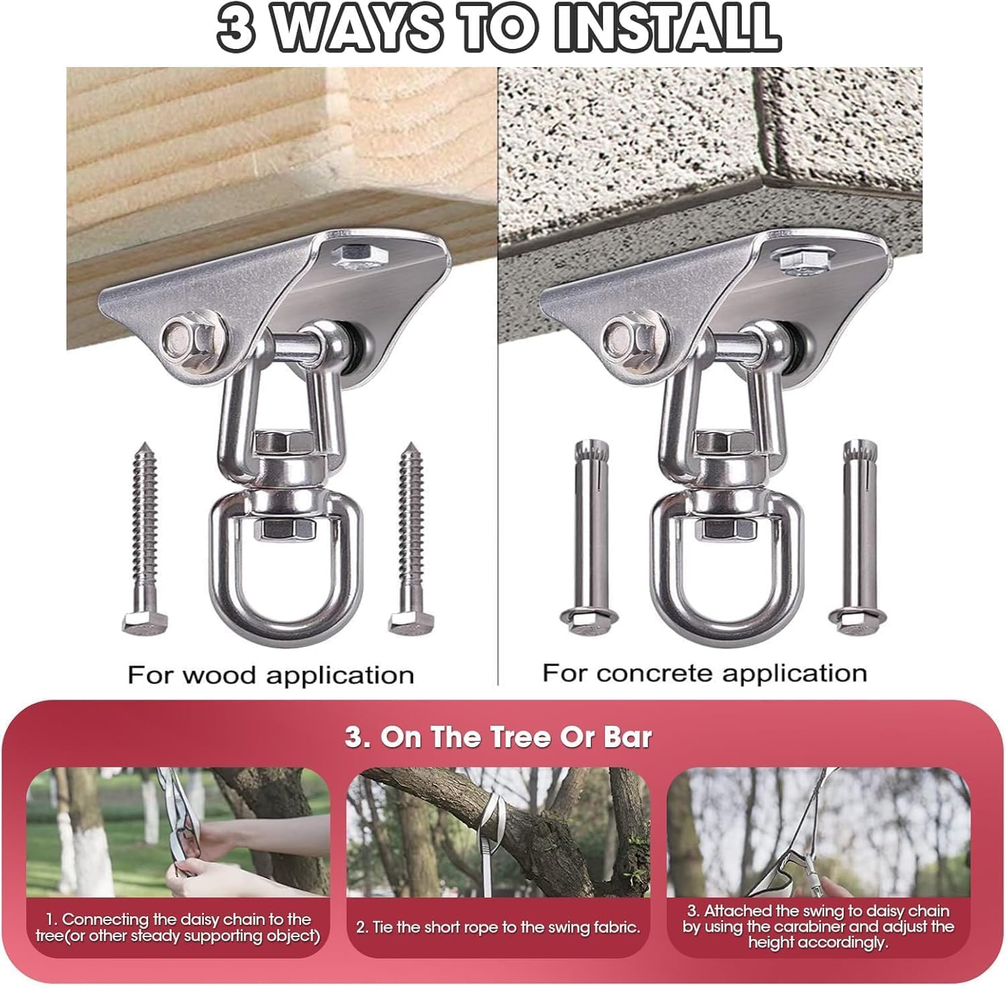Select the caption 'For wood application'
tap(270, 674)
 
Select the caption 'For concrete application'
tap(704, 672)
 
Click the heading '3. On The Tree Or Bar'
tap(498, 737)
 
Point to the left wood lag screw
tap(146, 537)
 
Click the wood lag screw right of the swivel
tap(412, 537)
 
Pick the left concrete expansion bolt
tap(583, 536)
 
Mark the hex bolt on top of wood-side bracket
tap(352, 256)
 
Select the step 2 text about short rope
tap(498, 928)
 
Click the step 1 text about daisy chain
tap(178, 927)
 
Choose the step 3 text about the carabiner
tap(818, 926)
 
